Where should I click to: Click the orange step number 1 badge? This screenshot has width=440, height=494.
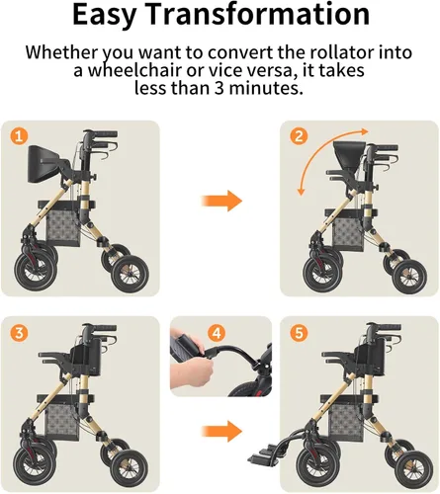(x=19, y=136)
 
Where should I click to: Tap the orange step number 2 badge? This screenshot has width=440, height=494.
(x=299, y=136)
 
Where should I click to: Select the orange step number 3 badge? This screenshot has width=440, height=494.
(x=19, y=333)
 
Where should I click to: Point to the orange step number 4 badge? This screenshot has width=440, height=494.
(x=217, y=333)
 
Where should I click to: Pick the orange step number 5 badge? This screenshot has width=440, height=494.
(x=299, y=333)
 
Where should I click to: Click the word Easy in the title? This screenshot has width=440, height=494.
(x=104, y=15)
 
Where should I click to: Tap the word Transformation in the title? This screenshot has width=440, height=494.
(x=257, y=14)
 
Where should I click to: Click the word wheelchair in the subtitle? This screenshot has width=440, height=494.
(x=135, y=70)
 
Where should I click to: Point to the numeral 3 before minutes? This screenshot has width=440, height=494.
(x=220, y=88)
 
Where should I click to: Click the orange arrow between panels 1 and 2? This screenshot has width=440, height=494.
(x=221, y=201)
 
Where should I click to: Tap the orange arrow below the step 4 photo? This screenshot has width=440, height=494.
(x=221, y=431)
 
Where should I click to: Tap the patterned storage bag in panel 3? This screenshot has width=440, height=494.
(x=63, y=422)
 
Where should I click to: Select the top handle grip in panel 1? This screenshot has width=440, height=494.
(x=105, y=134)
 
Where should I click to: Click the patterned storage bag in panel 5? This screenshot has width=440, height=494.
(x=347, y=423)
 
